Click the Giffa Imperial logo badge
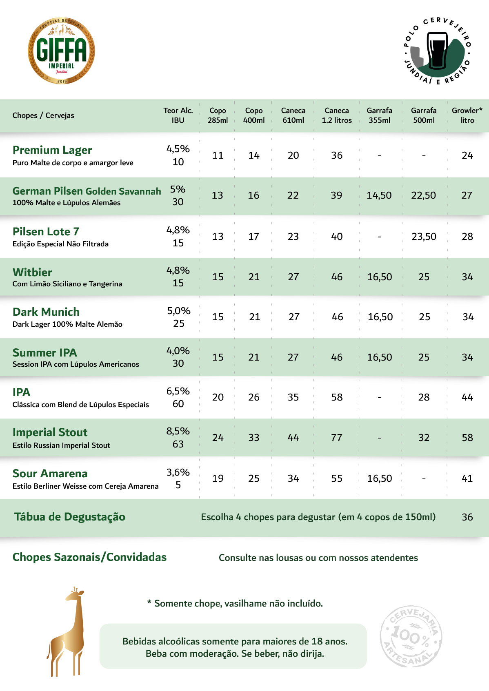point(61,51)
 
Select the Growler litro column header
point(467,115)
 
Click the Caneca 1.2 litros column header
point(337,115)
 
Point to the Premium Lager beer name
point(52,150)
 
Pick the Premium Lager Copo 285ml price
point(218,155)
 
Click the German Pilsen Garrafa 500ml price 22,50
point(423,195)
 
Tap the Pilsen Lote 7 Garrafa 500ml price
point(424,237)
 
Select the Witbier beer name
point(32,272)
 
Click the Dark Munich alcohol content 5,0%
point(179,311)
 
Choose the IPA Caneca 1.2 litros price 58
point(337,397)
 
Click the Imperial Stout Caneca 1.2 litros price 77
point(337,438)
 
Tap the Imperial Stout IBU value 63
point(178,444)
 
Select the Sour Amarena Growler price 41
point(467,478)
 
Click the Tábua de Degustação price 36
point(467,517)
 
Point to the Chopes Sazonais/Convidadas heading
point(89,557)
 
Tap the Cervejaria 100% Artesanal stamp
point(411,636)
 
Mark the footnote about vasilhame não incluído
point(235,604)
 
